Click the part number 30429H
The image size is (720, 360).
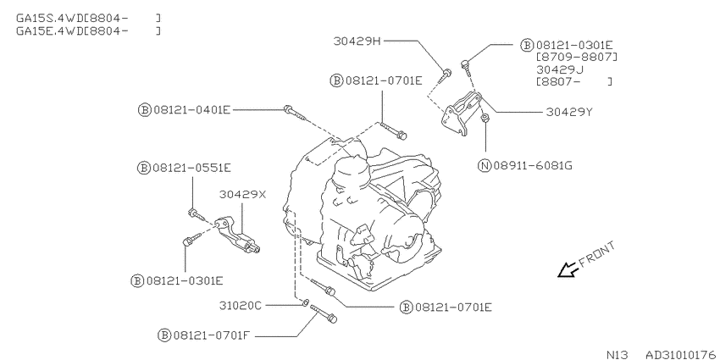[x=357, y=42]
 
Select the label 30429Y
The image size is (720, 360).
[x=569, y=112]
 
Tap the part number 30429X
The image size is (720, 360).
[x=242, y=194]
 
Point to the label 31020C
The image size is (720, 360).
[x=241, y=305]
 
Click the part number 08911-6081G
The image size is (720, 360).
[x=533, y=165]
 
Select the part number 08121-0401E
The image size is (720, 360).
[x=192, y=110]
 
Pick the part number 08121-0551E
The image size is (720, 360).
[x=192, y=168]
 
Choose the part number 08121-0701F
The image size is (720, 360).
[x=211, y=335]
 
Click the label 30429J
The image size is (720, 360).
[x=560, y=69]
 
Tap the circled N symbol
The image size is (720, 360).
[x=485, y=165]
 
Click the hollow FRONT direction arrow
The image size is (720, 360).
[x=568, y=270]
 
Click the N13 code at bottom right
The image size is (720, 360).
[x=618, y=355]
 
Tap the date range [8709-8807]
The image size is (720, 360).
[x=577, y=58]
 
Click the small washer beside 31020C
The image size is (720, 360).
[x=305, y=302]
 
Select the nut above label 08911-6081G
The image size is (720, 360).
[x=485, y=119]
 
